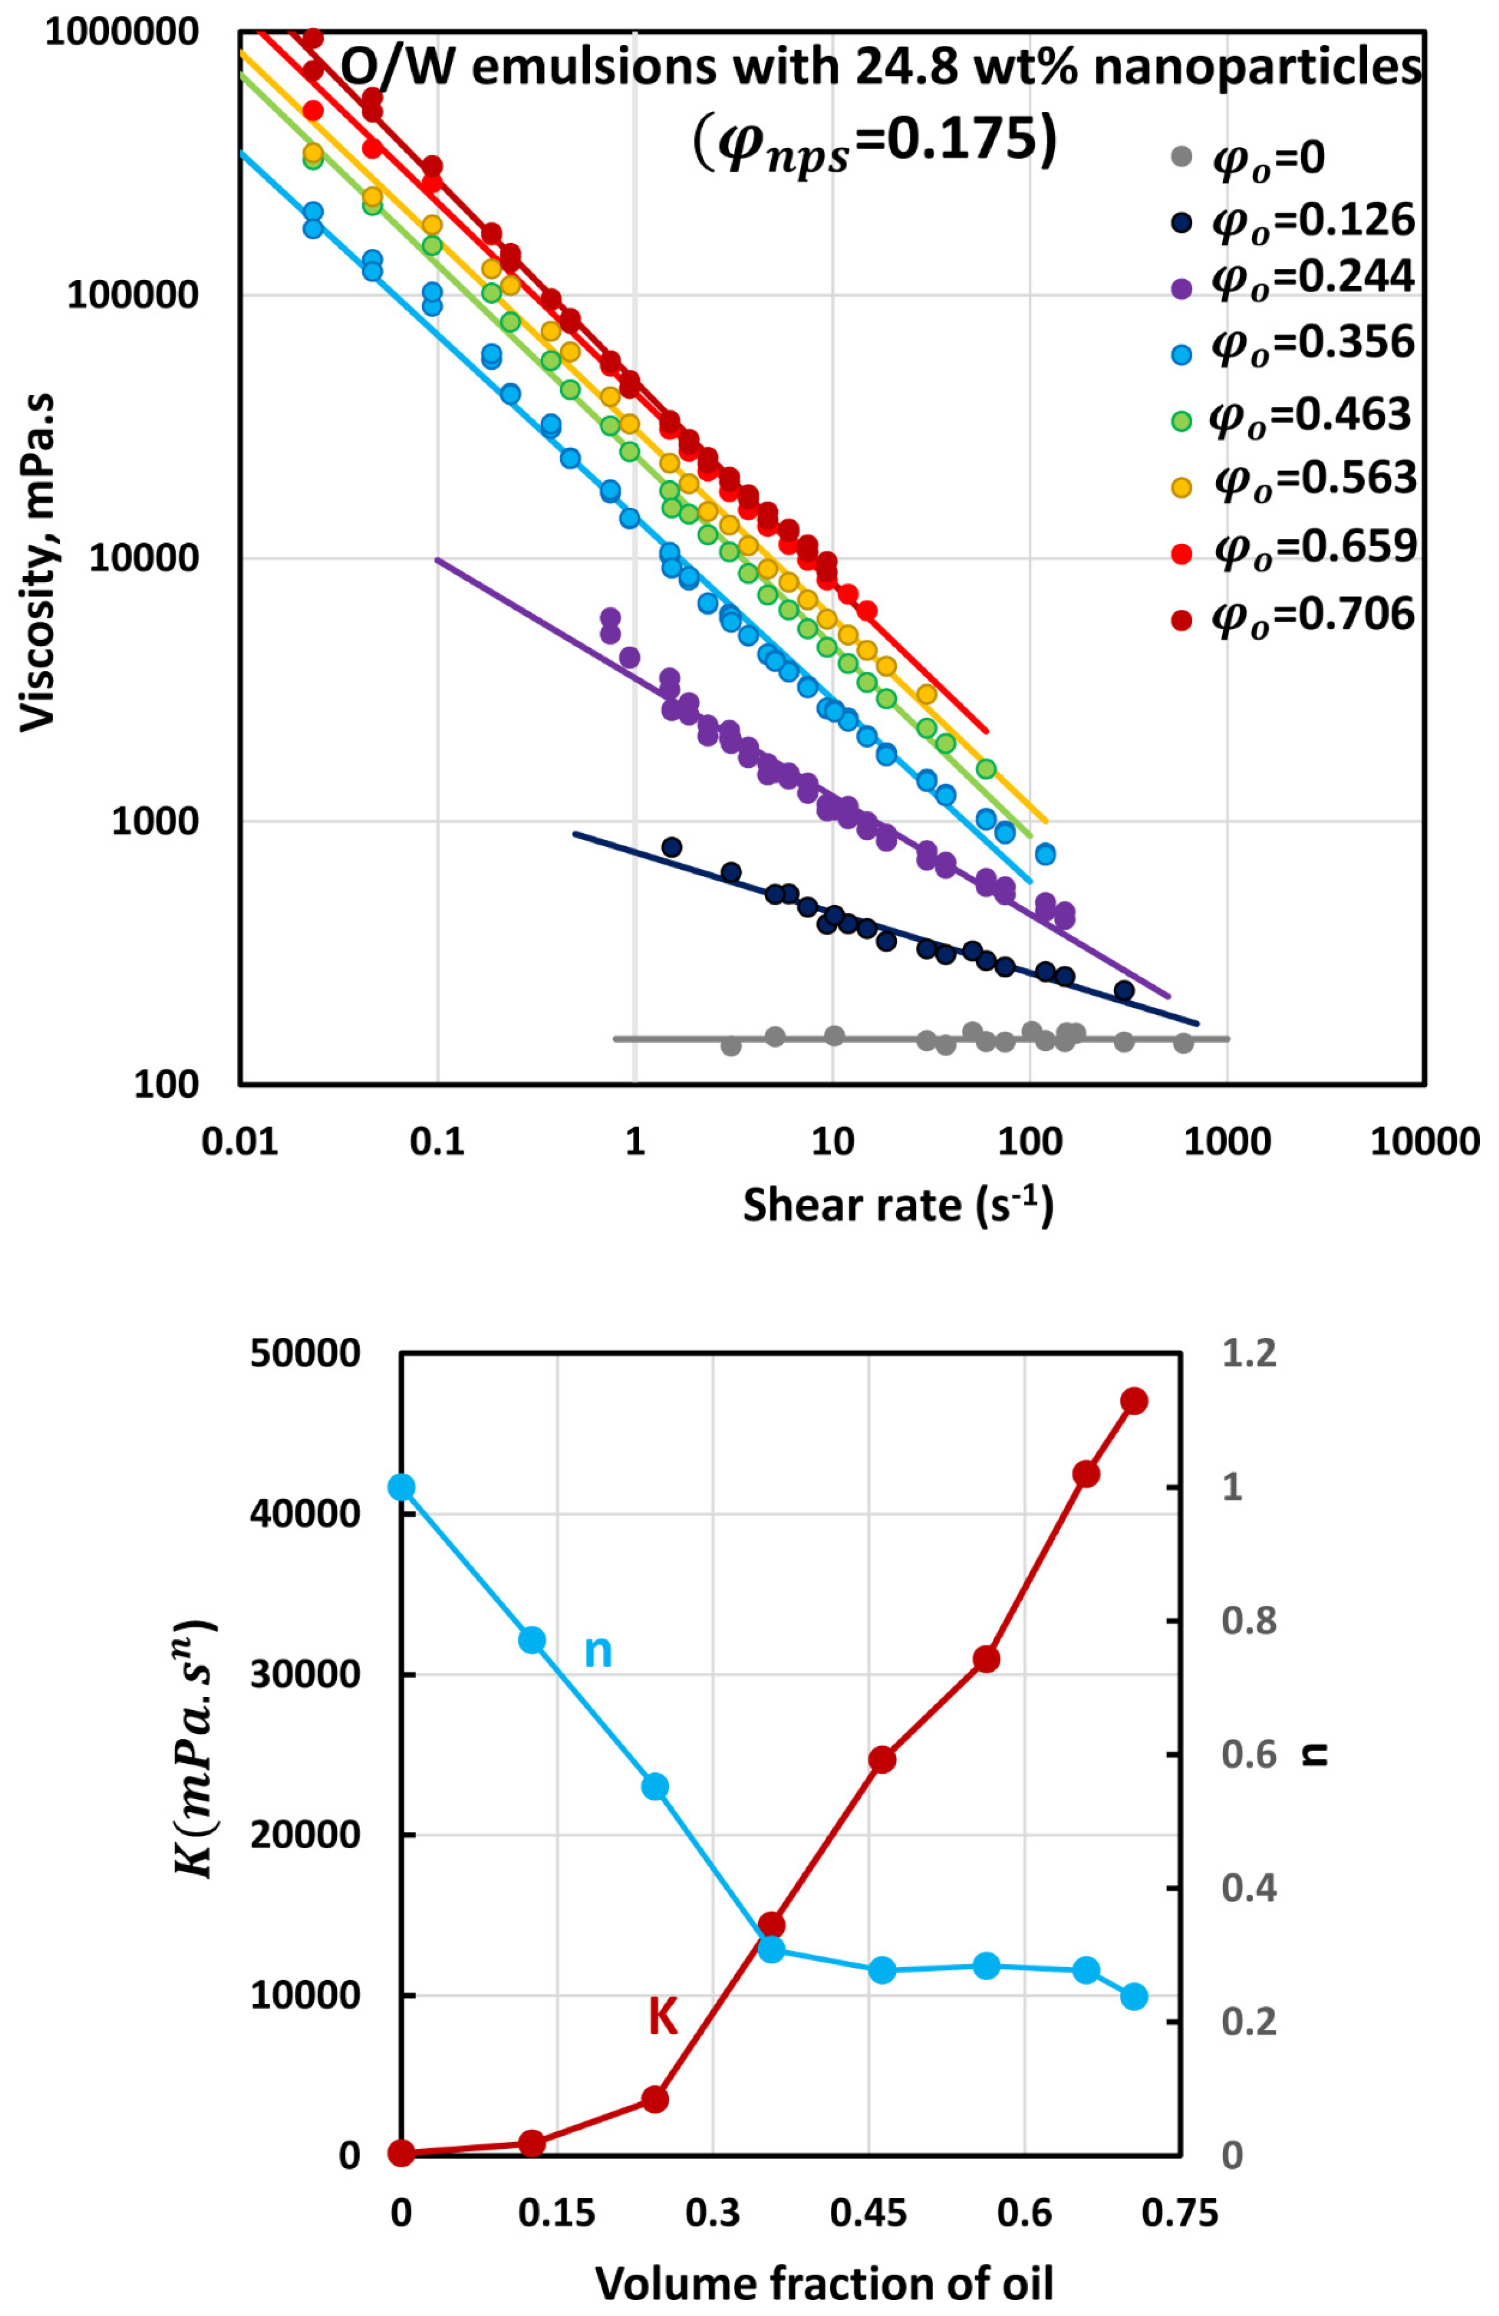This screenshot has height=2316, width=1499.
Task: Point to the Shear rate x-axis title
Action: [x=897, y=1205]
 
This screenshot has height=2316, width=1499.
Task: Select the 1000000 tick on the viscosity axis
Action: [x=122, y=32]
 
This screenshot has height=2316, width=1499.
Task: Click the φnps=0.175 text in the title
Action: [x=874, y=142]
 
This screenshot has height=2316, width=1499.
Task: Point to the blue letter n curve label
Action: [x=597, y=1651]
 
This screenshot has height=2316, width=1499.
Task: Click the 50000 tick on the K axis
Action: [x=304, y=1354]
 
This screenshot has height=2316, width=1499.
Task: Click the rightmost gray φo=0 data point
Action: [x=1183, y=1043]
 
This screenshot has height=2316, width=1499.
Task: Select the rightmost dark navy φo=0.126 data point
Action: [x=1124, y=991]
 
